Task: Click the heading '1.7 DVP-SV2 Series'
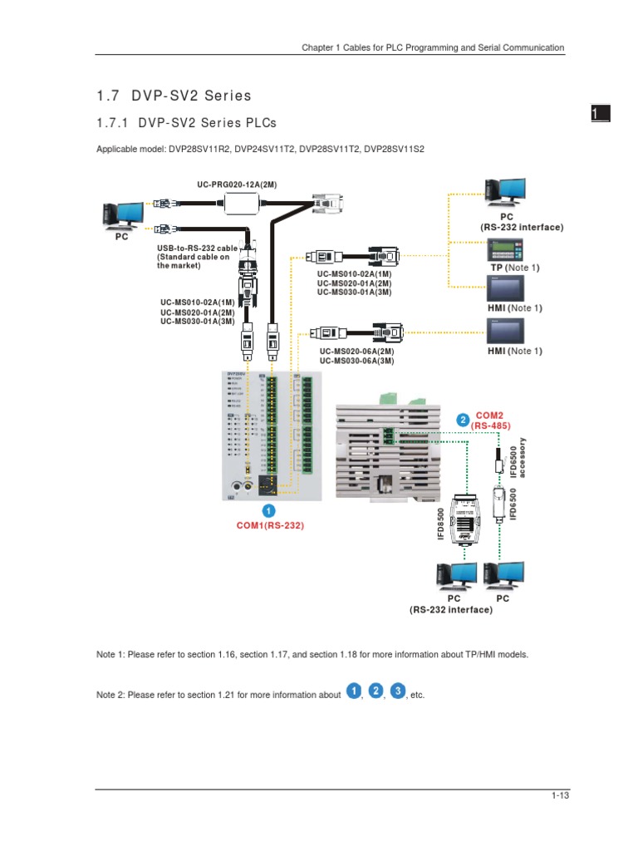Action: pos(174,96)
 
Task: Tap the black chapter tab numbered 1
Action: pos(601,115)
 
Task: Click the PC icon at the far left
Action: pos(121,215)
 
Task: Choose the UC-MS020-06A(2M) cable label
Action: pos(356,352)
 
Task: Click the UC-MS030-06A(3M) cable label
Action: pos(356,361)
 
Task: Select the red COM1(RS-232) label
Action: pos(264,525)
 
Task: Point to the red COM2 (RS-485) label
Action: pos(488,420)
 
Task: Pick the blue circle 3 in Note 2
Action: pos(398,691)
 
